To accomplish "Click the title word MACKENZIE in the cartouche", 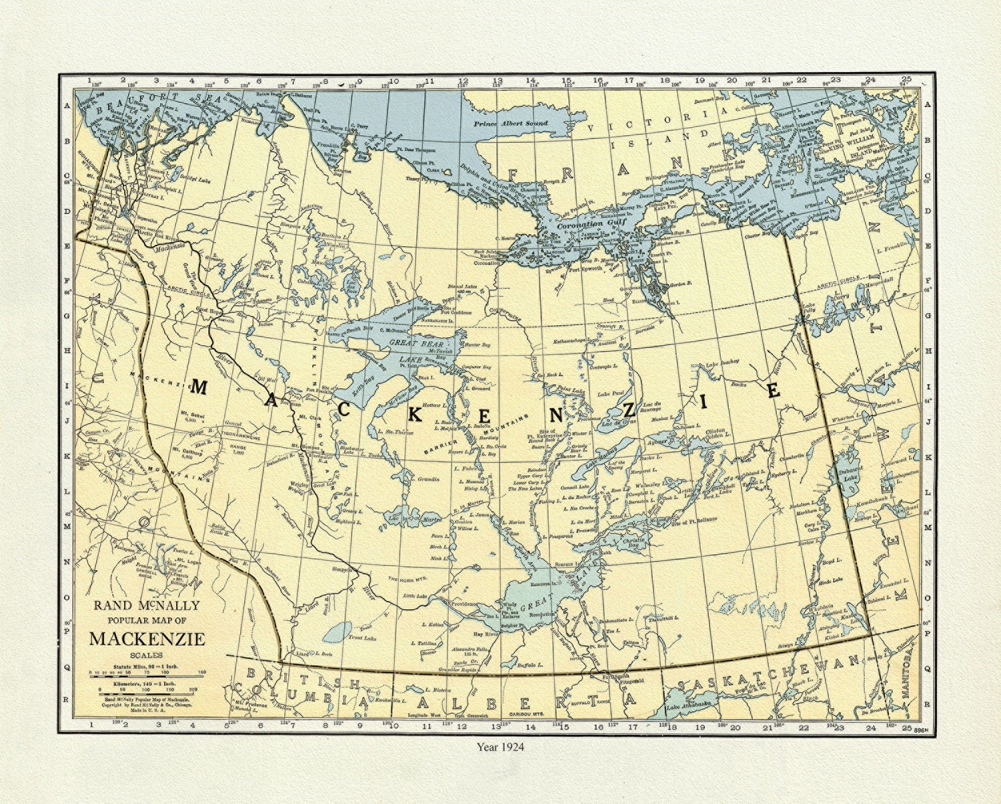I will click(147, 639).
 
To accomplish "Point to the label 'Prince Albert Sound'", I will click(511, 123).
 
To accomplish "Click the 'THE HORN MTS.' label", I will click(407, 578).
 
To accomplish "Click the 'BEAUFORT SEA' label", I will click(149, 98).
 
